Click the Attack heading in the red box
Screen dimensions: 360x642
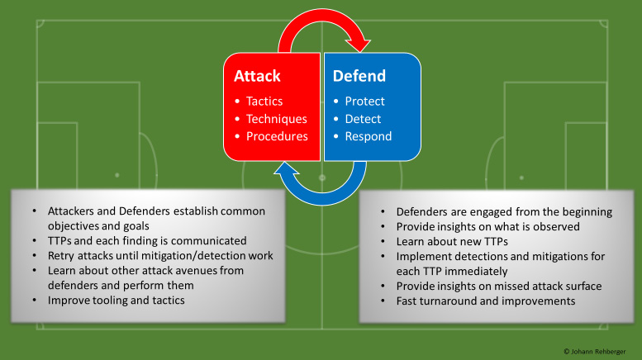[x=257, y=76]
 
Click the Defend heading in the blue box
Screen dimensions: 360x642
[x=359, y=76]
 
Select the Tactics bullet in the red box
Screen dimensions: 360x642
[x=264, y=102]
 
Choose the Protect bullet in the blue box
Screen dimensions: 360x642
[x=364, y=102]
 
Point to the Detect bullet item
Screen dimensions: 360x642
[x=363, y=119]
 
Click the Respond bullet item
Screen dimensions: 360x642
[x=369, y=136]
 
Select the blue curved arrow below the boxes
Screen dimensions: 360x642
[x=322, y=189]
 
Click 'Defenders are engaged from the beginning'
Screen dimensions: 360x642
[x=504, y=211]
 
